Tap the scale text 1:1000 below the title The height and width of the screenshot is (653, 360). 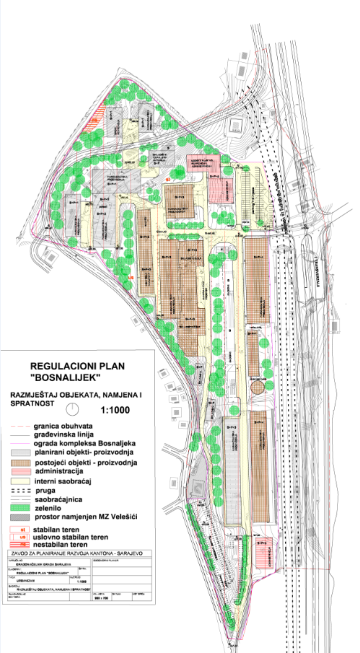[x=115, y=411]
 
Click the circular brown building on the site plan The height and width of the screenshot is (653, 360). [x=257, y=387]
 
